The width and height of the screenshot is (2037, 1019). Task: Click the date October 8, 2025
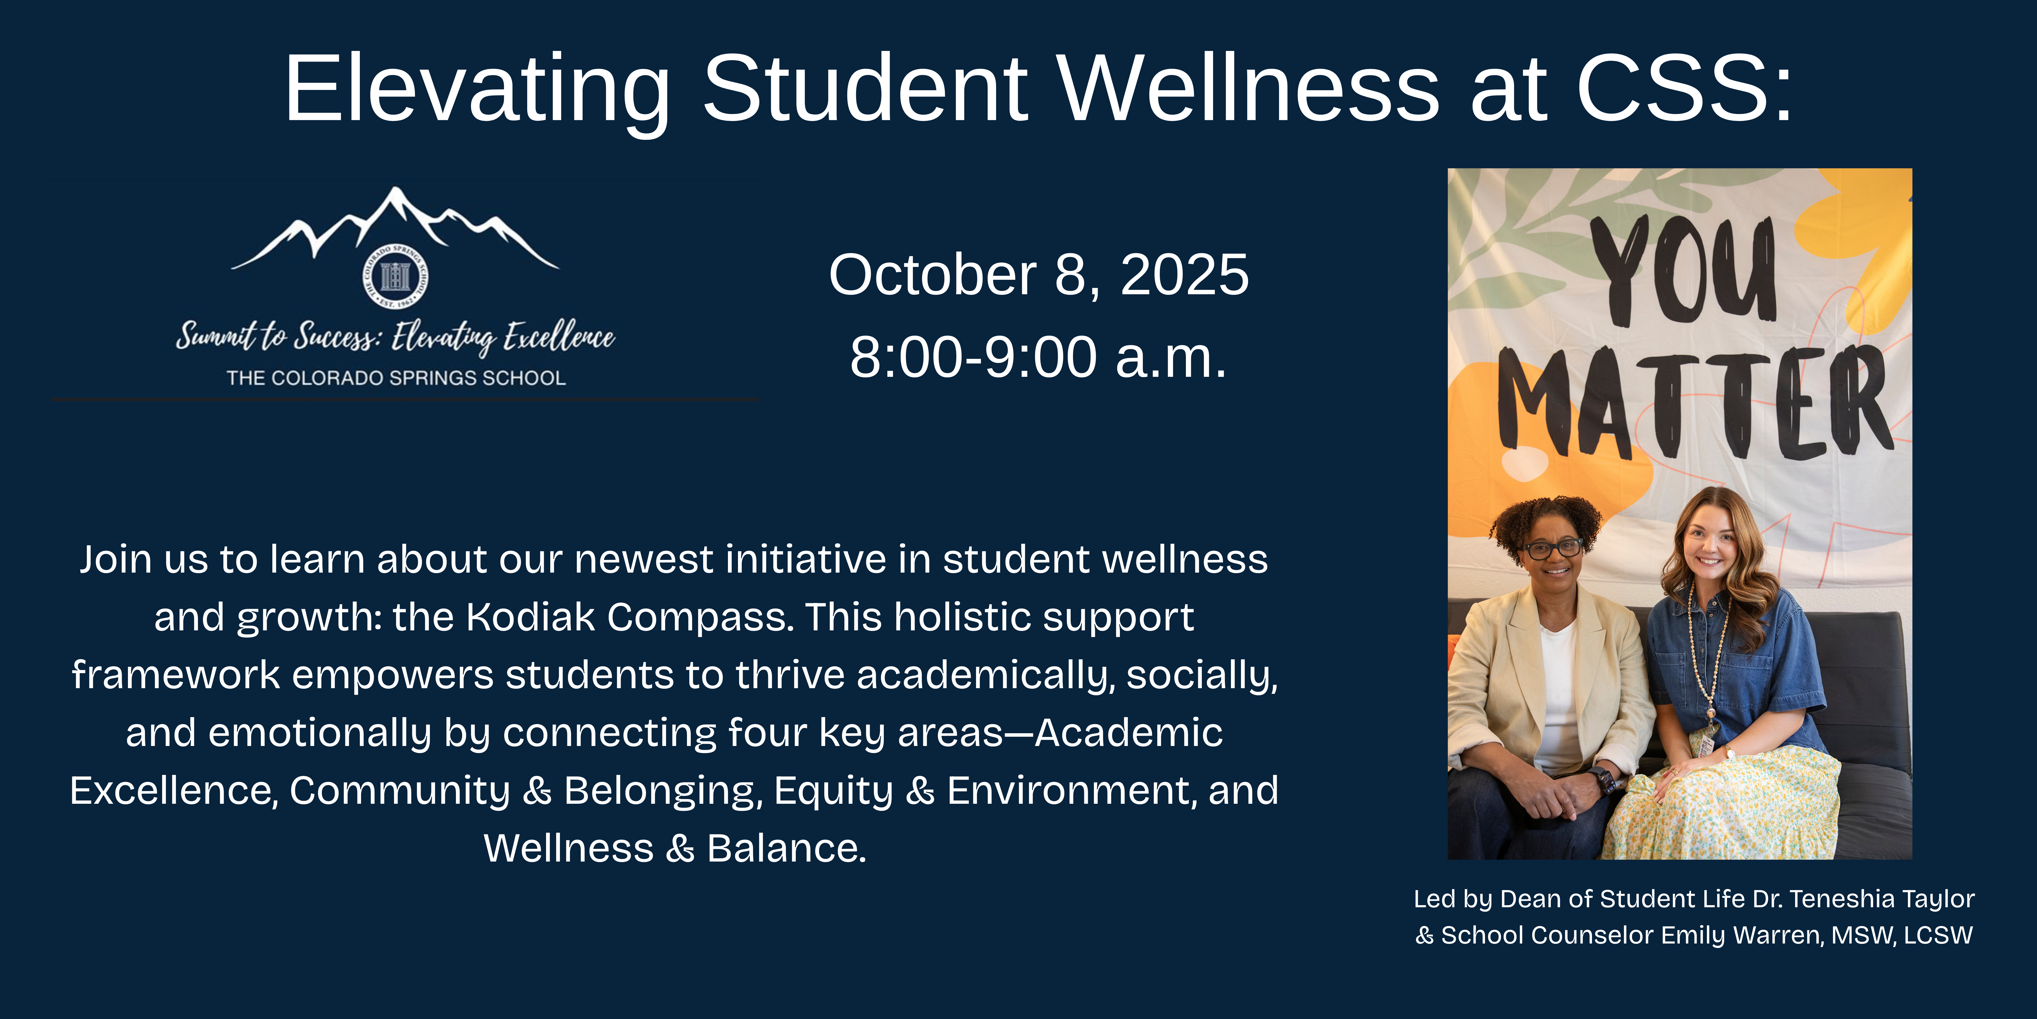[1038, 275]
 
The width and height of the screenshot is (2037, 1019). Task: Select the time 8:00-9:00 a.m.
[1038, 357]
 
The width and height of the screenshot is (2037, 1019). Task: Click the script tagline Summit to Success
[278, 336]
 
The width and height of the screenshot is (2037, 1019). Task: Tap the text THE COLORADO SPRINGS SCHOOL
[396, 378]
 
